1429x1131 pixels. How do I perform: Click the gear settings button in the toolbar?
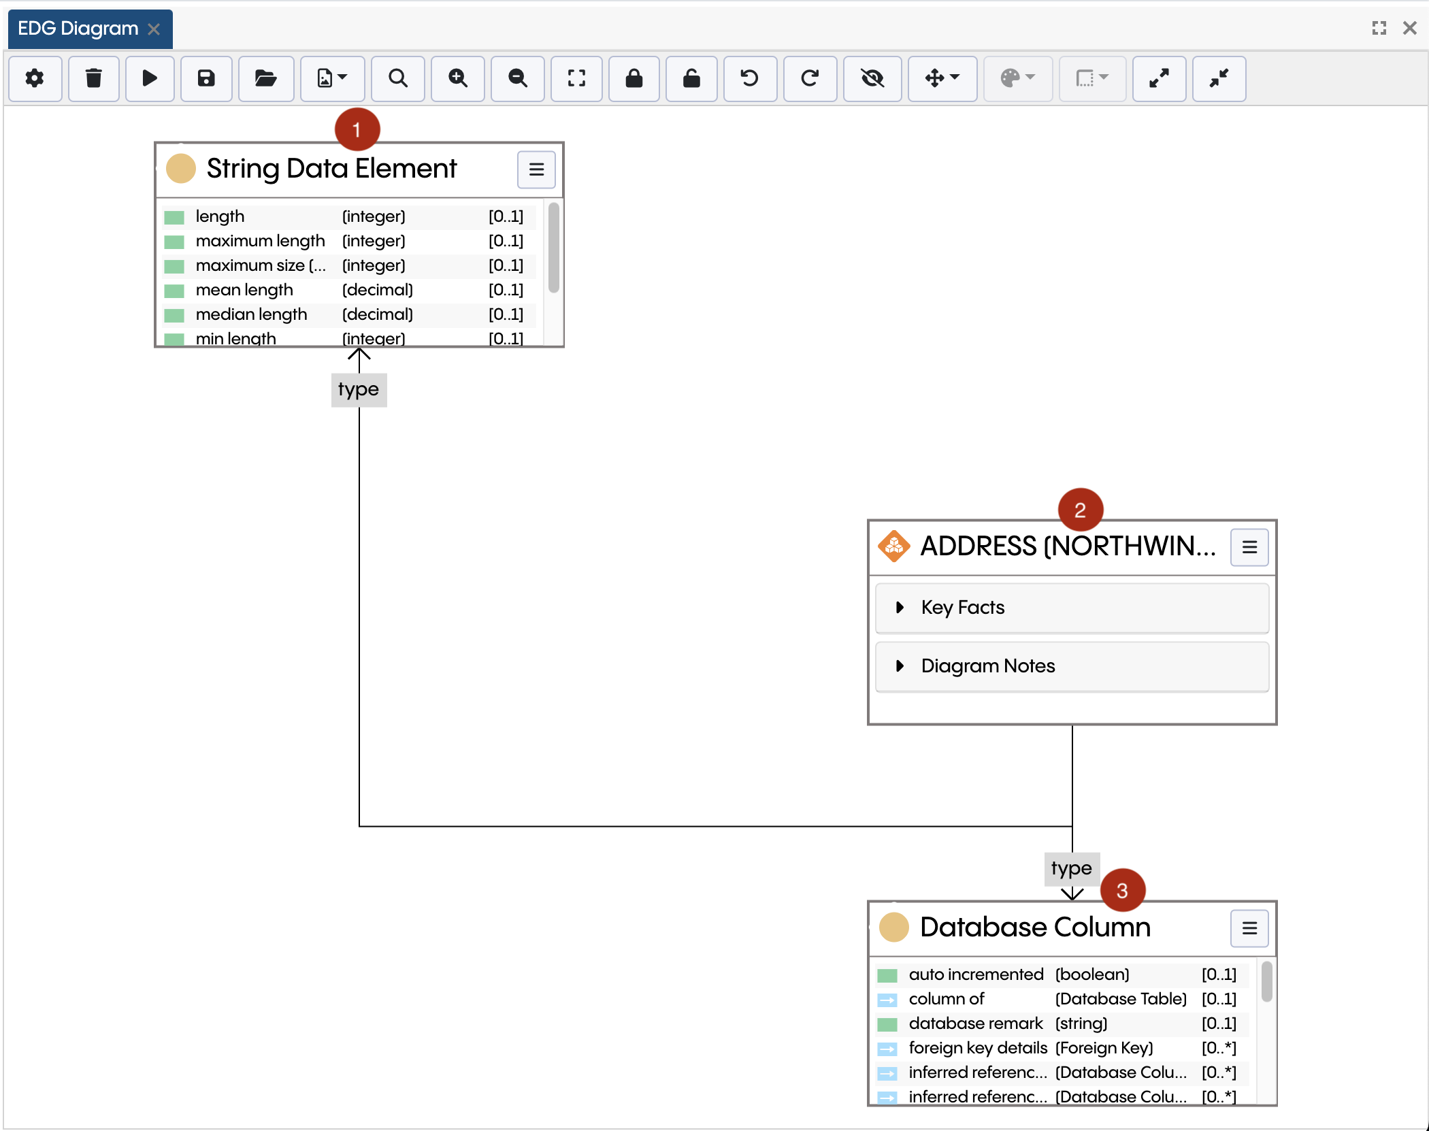35,79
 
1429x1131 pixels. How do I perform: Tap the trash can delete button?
94,79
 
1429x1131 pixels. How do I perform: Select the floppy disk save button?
206,79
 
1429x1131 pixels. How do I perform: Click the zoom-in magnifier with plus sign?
458,79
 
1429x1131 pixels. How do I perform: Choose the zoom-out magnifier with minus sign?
518,79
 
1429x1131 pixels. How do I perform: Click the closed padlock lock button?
634,79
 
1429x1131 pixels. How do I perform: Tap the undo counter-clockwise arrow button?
750,79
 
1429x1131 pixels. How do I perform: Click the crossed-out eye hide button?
872,79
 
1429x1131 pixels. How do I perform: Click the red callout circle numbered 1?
357,129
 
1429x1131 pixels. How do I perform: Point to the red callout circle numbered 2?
1080,510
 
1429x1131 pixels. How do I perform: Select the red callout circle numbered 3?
1122,890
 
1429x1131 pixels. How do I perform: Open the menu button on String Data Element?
536,169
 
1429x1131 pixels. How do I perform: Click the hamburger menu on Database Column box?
1249,928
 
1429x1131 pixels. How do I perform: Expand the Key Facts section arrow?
900,607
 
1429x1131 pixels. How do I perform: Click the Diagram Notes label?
988,666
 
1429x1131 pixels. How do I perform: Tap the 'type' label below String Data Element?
359,390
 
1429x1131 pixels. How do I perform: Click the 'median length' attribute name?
251,314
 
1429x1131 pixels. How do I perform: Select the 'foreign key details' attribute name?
978,1048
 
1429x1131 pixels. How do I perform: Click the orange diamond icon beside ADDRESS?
894,546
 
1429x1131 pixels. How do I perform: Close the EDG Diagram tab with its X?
154,29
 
